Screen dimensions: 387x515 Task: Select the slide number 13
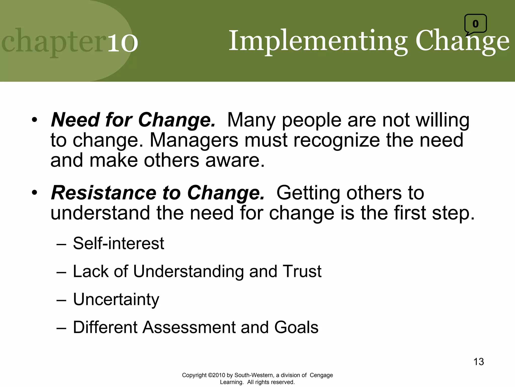tap(479, 362)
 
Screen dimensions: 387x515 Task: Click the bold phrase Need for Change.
tap(133, 120)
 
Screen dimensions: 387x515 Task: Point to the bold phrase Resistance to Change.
tap(158, 193)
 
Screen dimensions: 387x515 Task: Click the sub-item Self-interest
tap(118, 243)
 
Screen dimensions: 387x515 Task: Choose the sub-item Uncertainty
tap(116, 300)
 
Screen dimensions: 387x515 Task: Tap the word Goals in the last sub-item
tap(296, 327)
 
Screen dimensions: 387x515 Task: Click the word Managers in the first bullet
tap(194, 140)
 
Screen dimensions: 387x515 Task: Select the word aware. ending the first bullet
tap(235, 160)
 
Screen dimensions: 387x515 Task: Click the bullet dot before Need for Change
tap(34, 120)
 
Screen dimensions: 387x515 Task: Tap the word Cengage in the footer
tap(321, 375)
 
